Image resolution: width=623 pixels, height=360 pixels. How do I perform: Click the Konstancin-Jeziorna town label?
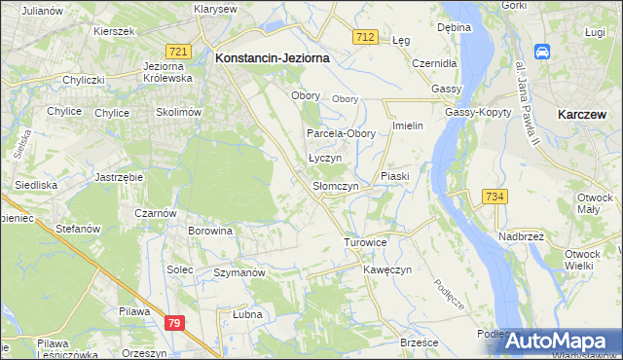click(x=272, y=58)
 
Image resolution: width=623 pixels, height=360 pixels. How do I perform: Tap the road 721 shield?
click(x=177, y=51)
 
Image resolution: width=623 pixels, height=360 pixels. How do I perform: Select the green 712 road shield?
click(x=365, y=37)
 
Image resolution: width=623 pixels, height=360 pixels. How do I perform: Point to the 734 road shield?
click(x=495, y=198)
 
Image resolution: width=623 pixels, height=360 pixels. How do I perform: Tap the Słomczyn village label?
click(x=336, y=186)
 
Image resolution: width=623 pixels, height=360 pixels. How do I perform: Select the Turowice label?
click(x=366, y=241)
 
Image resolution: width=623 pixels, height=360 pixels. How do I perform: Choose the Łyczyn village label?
click(x=324, y=158)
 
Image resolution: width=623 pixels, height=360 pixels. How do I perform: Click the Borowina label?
click(x=210, y=232)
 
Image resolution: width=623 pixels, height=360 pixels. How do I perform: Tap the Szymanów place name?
click(x=239, y=273)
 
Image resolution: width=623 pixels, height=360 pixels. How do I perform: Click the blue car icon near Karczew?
click(x=542, y=51)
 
